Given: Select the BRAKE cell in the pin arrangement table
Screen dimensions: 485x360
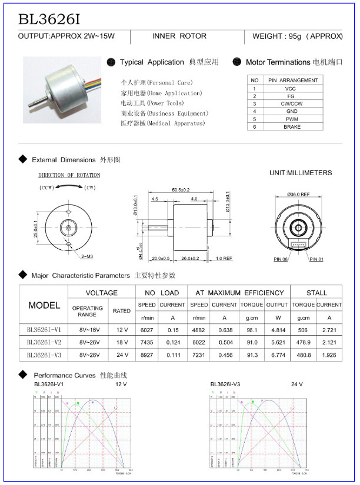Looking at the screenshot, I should (292, 126).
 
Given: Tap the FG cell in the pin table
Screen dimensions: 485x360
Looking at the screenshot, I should (292, 95).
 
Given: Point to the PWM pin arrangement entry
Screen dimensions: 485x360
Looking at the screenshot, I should (292, 119).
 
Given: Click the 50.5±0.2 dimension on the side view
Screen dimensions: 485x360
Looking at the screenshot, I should (181, 189).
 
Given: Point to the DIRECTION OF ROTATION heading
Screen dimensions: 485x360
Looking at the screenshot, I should (69, 175).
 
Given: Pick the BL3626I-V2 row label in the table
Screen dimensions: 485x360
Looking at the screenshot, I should (44, 342).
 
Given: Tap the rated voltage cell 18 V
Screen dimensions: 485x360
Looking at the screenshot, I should (122, 342).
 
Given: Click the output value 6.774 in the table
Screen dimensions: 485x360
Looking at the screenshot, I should (276, 356).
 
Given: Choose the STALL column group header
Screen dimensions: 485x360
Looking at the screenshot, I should (316, 292).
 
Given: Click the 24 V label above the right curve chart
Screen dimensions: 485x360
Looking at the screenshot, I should (296, 384).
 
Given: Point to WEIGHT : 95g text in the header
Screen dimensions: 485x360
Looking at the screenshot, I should (297, 36).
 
